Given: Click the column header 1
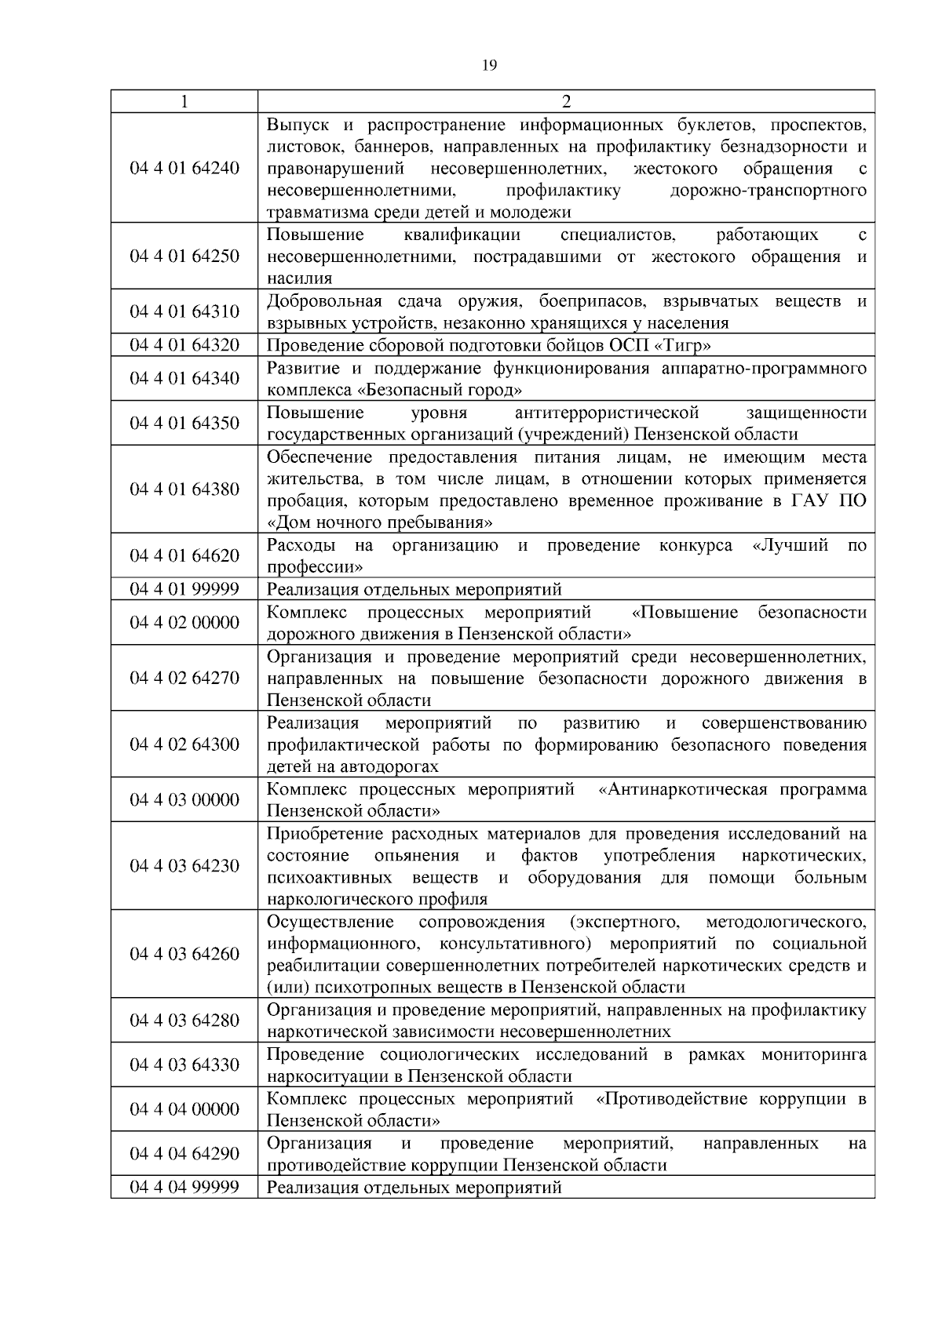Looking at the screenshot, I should (x=184, y=101).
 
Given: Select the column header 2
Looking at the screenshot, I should (x=566, y=101).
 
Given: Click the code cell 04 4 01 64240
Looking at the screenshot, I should (x=184, y=168).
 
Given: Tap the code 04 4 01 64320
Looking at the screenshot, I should (x=184, y=345).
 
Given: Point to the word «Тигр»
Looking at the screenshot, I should (x=684, y=345).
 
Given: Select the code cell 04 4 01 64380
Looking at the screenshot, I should (x=184, y=489).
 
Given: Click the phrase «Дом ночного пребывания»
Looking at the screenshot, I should (x=380, y=522).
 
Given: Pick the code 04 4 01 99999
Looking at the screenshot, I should (x=184, y=589).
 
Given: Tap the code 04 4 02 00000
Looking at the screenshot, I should (x=184, y=623).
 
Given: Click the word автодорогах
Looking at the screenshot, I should (x=384, y=766).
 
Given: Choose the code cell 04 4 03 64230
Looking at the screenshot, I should (x=184, y=865).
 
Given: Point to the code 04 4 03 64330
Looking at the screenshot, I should (x=184, y=1065).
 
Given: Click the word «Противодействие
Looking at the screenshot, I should (x=673, y=1098).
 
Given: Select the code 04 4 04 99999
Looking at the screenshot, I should (x=184, y=1187).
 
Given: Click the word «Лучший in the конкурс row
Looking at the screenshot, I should (x=790, y=545).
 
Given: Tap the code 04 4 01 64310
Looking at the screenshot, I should (x=184, y=311).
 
